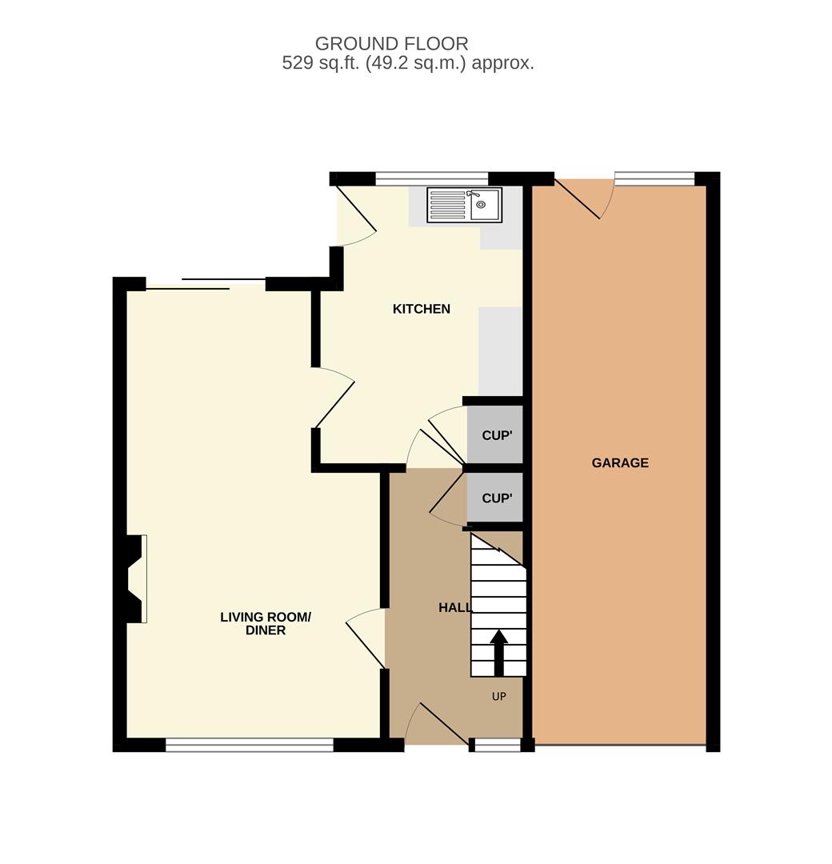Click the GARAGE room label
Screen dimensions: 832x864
[620, 463]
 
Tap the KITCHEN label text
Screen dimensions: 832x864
[422, 309]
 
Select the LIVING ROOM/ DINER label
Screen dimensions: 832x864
[266, 624]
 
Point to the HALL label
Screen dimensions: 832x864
[455, 608]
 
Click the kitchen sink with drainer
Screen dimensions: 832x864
[465, 205]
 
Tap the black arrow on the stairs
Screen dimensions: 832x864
[499, 653]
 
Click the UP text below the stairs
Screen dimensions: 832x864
[498, 697]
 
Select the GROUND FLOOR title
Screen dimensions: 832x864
[392, 43]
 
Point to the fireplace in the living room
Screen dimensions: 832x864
[133, 578]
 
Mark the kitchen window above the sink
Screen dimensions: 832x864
[432, 179]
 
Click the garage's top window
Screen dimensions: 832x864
[654, 178]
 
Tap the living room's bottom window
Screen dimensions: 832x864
[250, 745]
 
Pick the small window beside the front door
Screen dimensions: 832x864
[498, 745]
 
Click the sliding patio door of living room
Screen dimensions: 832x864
[206, 284]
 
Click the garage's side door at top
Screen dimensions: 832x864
[585, 199]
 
